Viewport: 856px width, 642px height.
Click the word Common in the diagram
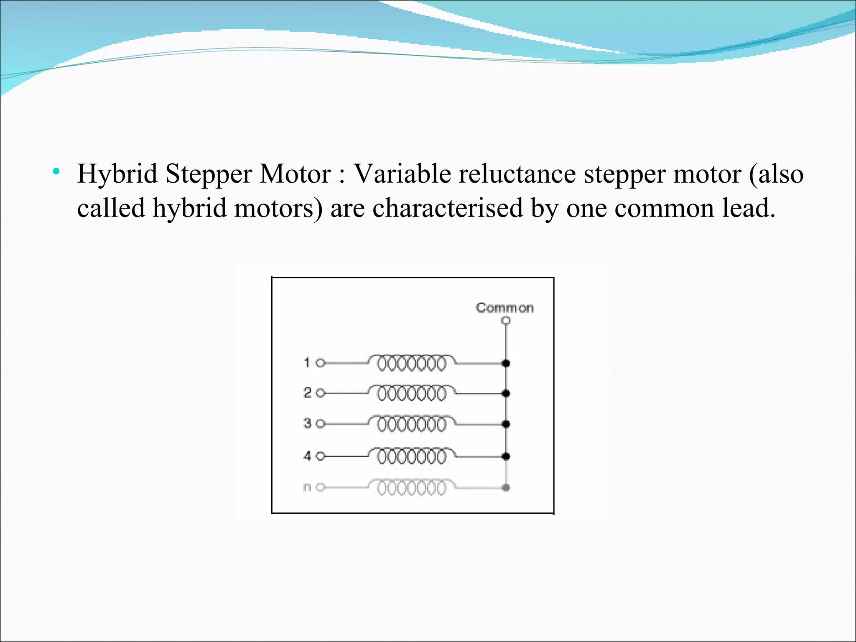pos(505,308)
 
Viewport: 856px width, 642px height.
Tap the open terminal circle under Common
pos(506,321)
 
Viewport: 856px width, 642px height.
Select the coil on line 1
pos(412,363)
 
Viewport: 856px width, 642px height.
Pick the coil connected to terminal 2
pos(412,393)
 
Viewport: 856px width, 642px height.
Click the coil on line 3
pos(412,424)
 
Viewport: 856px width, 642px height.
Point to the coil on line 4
pos(412,456)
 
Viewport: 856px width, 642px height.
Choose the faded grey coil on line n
pos(412,487)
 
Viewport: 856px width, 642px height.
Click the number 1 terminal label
pos(307,362)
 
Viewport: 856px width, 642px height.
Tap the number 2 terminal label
pos(307,392)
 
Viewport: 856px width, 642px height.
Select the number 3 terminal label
pos(307,423)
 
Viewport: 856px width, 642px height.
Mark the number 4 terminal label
pos(307,456)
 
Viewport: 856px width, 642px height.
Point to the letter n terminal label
pos(307,487)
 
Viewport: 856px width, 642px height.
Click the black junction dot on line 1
pos(506,363)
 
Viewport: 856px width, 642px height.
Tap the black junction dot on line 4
pos(506,456)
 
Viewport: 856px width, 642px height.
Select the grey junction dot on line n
pos(506,487)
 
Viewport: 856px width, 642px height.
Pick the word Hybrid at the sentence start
pos(117,174)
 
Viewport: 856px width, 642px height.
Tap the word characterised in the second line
pos(448,208)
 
